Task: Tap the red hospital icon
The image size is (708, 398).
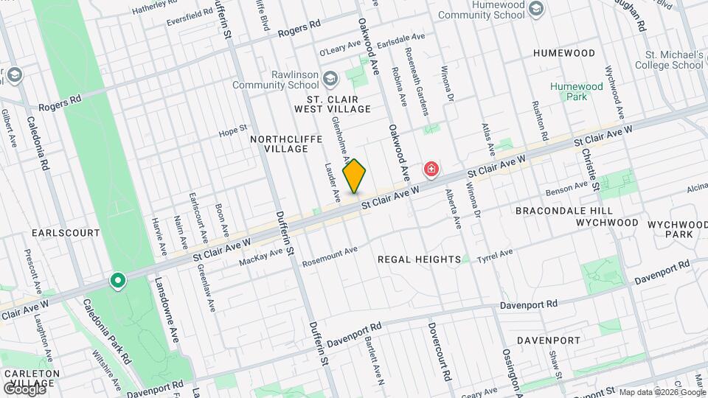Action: tap(431, 171)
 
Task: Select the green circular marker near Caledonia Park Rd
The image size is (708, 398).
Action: tap(117, 281)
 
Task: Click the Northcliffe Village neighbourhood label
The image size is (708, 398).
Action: tap(279, 143)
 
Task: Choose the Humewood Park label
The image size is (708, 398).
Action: tap(576, 92)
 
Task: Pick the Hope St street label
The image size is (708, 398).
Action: tap(232, 131)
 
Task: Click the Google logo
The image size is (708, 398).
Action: tap(25, 388)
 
